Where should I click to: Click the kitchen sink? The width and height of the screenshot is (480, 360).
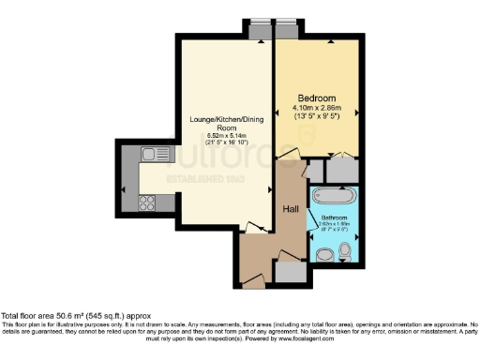(x=149, y=154)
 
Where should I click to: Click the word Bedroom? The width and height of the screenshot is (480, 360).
(x=317, y=98)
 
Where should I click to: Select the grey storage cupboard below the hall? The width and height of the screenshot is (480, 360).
(x=292, y=271)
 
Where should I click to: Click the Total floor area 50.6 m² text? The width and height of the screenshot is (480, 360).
(x=75, y=317)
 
